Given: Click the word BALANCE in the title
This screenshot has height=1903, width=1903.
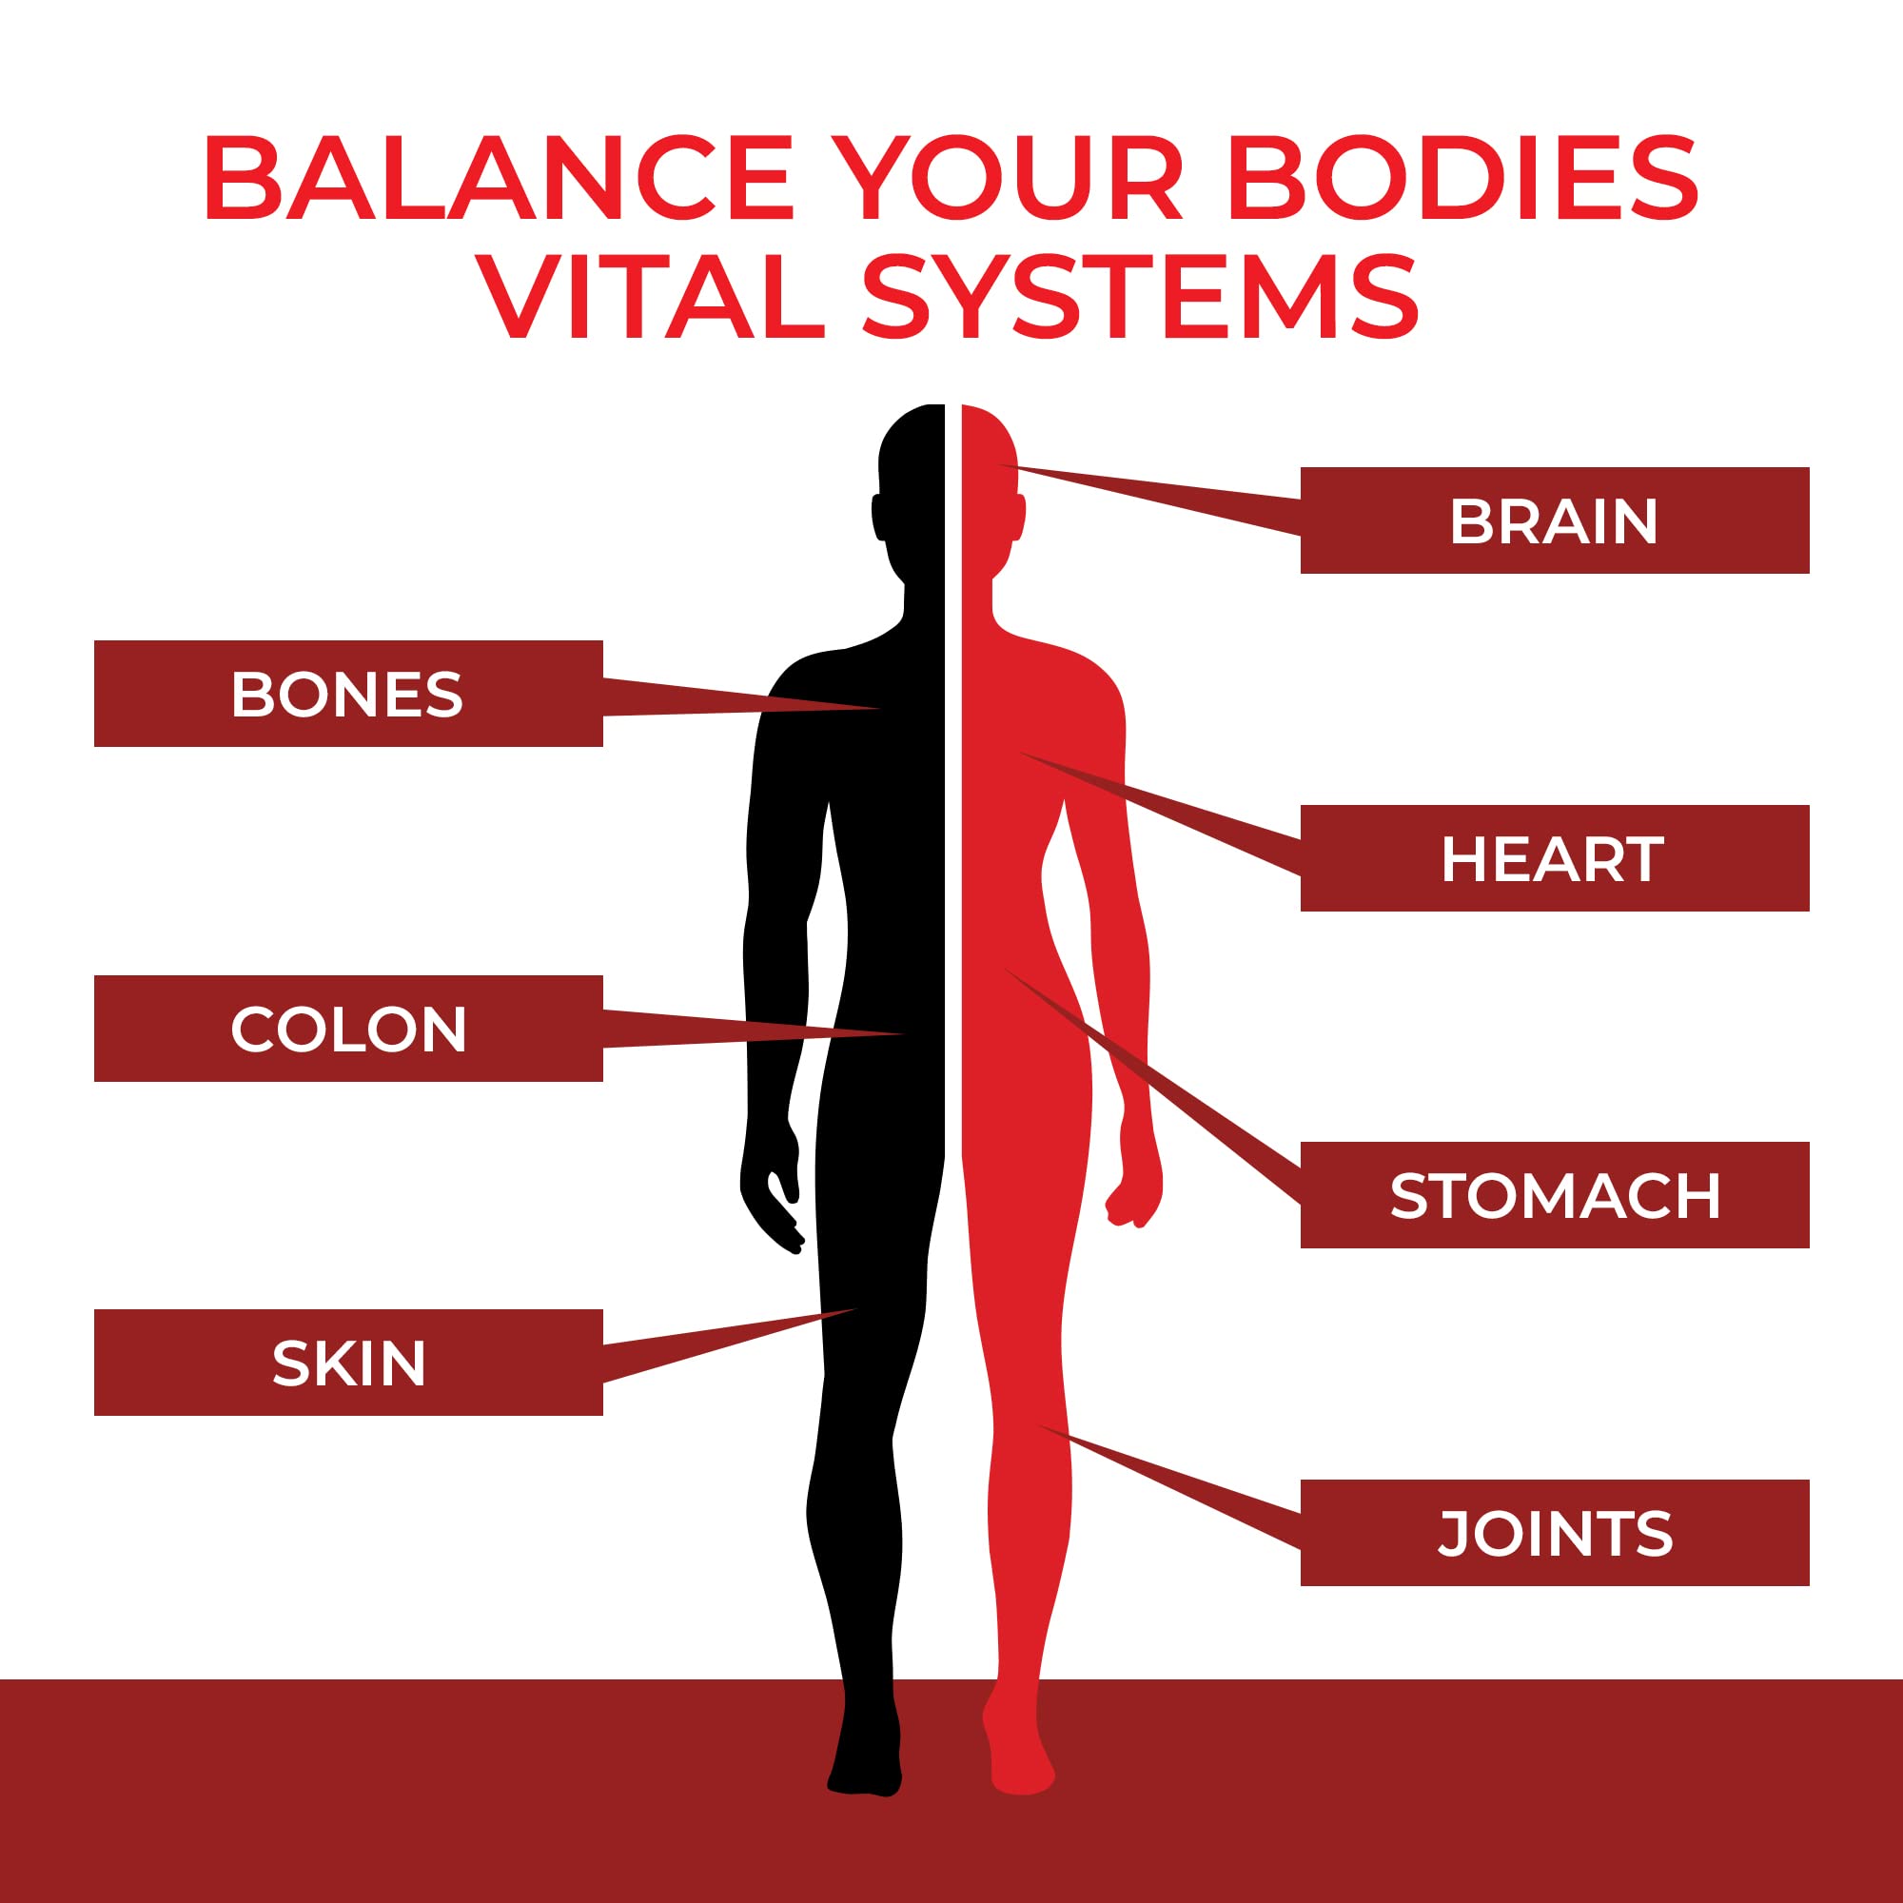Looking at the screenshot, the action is (x=499, y=178).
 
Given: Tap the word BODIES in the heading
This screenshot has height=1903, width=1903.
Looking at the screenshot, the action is (x=1462, y=178).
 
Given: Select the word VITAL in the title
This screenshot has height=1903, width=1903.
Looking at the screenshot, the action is (x=651, y=297).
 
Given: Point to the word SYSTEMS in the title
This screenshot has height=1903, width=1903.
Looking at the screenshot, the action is (x=1141, y=297).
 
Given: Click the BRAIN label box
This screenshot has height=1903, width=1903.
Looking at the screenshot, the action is (x=1555, y=520).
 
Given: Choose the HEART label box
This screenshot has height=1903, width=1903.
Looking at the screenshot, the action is (x=1555, y=858).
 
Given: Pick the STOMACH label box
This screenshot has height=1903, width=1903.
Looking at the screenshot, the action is (x=1555, y=1195).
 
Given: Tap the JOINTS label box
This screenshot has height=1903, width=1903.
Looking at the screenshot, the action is (x=1555, y=1533).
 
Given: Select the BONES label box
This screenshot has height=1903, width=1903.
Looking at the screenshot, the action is (x=347, y=694).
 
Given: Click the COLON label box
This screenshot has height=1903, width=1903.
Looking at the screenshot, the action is (x=347, y=1029).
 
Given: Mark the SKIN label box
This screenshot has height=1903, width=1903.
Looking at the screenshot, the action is (x=347, y=1363).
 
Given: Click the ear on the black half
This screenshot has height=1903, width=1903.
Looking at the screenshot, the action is (x=877, y=516).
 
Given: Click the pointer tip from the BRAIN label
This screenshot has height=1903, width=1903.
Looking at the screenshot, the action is (x=1003, y=465).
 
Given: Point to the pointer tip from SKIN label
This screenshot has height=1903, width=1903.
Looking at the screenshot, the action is (x=855, y=1309).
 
